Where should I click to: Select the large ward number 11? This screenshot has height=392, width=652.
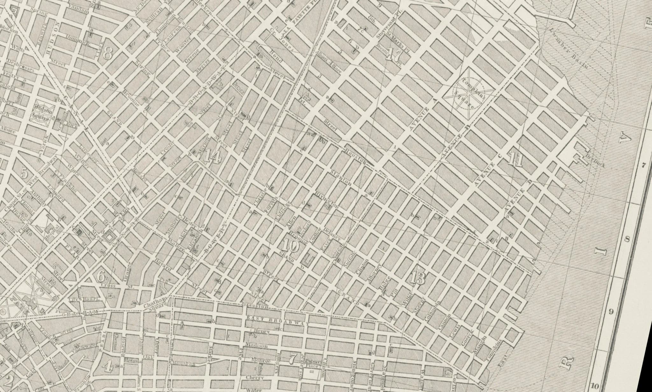pos(515,160)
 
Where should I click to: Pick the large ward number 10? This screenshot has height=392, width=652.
pos(290,246)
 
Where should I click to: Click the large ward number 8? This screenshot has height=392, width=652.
pos(107,53)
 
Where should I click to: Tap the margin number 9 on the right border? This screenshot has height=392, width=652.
pos(611,311)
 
